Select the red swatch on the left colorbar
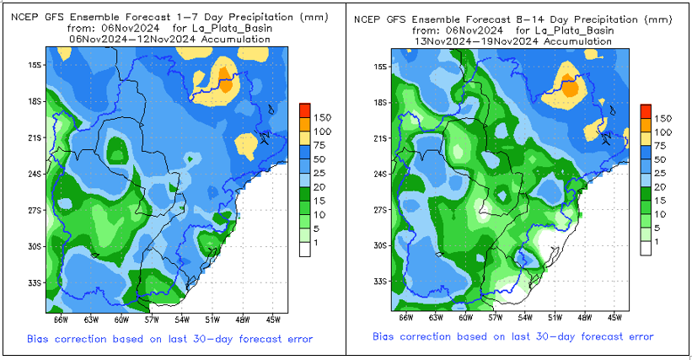click(305, 110)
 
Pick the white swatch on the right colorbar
click(645, 248)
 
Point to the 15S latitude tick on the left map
click(33, 66)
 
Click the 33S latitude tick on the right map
click(379, 281)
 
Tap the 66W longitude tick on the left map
click(59, 320)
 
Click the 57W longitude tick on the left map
click(151, 320)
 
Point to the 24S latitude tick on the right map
click(379, 174)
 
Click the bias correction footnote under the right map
click(513, 336)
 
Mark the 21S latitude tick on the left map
click(33, 137)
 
